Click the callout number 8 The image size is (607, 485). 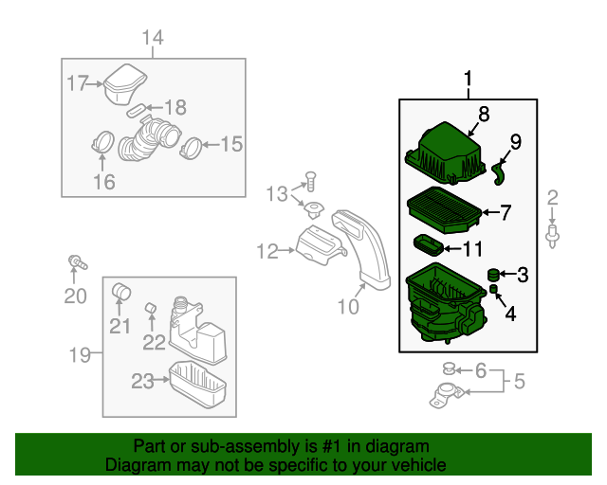(484, 115)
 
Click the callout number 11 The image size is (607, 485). (471, 249)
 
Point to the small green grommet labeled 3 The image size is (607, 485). (493, 275)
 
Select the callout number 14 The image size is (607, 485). (153, 38)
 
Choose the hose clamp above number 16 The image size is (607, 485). (103, 145)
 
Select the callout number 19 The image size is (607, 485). (80, 355)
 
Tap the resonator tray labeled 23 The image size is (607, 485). (197, 382)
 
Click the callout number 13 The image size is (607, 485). (275, 194)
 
